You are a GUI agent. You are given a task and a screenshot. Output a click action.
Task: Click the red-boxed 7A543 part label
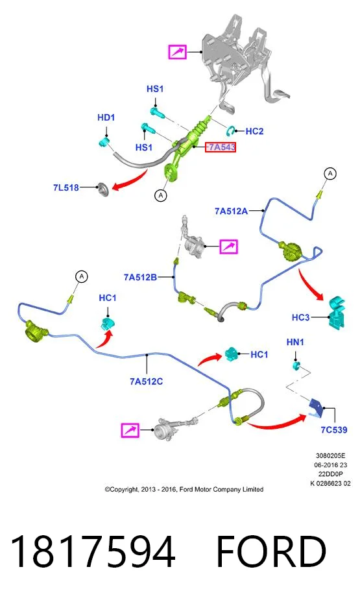[x=221, y=147]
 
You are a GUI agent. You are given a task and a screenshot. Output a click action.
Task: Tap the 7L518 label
[x=66, y=187]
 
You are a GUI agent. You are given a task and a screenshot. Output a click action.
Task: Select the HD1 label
[x=106, y=117]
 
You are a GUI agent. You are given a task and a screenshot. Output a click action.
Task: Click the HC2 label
[x=254, y=131]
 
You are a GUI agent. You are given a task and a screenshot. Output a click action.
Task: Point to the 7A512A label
[x=231, y=211]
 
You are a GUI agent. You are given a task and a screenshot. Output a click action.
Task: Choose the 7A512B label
[x=140, y=277]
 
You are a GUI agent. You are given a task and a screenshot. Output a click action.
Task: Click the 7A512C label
[x=146, y=381]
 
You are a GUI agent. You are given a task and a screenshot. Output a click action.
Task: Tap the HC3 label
[x=300, y=317]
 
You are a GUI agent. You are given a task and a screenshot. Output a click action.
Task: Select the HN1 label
[x=295, y=342]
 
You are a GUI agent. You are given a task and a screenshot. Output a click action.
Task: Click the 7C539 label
[x=334, y=429]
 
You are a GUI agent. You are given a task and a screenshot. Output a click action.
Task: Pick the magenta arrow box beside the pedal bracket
[x=177, y=51]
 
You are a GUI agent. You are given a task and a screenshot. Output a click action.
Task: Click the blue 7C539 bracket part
[x=316, y=407]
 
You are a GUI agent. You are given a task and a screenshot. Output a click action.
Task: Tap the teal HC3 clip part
[x=337, y=312]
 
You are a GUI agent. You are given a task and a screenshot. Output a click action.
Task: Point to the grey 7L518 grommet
[x=103, y=189]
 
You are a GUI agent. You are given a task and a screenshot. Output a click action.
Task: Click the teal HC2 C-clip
[x=232, y=130]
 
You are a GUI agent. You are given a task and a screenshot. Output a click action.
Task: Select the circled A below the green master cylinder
[x=161, y=195]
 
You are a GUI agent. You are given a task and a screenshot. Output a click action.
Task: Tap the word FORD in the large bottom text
[x=271, y=551]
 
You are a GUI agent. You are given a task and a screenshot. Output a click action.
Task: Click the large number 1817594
[x=93, y=551]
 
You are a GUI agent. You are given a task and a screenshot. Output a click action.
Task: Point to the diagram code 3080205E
[x=330, y=456]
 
